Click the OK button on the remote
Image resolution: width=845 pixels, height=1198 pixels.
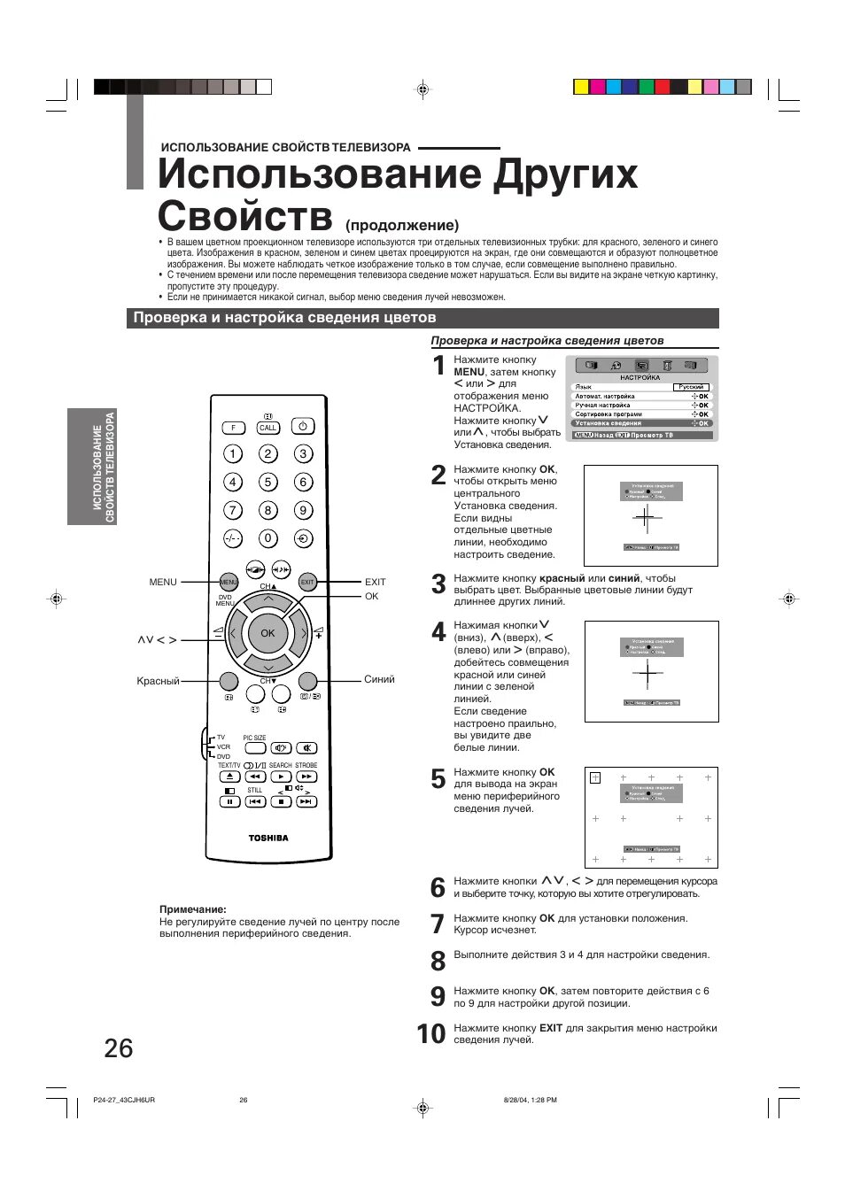[x=267, y=633]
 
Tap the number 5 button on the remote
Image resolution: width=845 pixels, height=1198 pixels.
[x=267, y=483]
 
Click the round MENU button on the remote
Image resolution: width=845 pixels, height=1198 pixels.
[x=229, y=582]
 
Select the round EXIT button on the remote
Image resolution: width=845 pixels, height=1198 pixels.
[x=307, y=582]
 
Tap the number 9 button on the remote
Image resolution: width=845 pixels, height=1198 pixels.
[x=303, y=511]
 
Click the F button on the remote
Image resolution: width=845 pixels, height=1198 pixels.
[x=233, y=428]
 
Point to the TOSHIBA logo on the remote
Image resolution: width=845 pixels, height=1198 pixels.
[x=267, y=838]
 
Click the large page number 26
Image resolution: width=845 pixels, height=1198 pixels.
[x=119, y=1048]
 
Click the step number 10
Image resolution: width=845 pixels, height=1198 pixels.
[x=431, y=1034]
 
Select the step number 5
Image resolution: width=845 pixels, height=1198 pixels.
[x=438, y=779]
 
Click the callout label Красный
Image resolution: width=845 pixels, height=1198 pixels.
[x=158, y=681]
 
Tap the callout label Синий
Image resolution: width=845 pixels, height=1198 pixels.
[x=379, y=679]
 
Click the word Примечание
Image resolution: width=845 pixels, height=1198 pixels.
[x=193, y=909]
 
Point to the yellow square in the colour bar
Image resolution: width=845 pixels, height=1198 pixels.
[x=581, y=87]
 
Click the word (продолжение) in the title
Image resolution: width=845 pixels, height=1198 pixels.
[x=402, y=225]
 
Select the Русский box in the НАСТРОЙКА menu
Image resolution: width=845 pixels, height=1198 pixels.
[x=691, y=387]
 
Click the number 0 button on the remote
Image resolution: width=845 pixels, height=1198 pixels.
[x=267, y=538]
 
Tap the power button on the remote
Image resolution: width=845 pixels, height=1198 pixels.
[x=303, y=427]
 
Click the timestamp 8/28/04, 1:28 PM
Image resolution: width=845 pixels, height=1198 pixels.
[x=530, y=1100]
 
